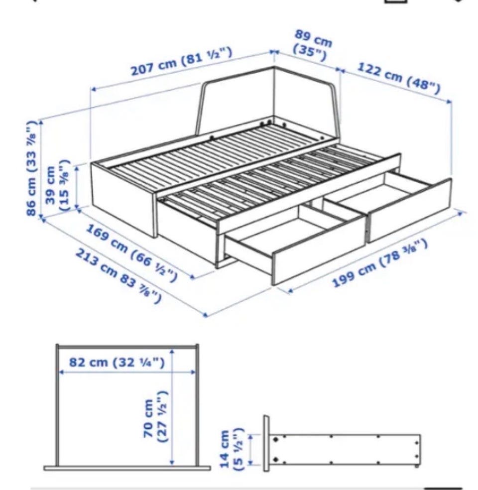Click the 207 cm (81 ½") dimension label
(x=182, y=62)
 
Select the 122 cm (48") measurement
(x=399, y=78)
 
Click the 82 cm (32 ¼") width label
(x=117, y=363)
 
